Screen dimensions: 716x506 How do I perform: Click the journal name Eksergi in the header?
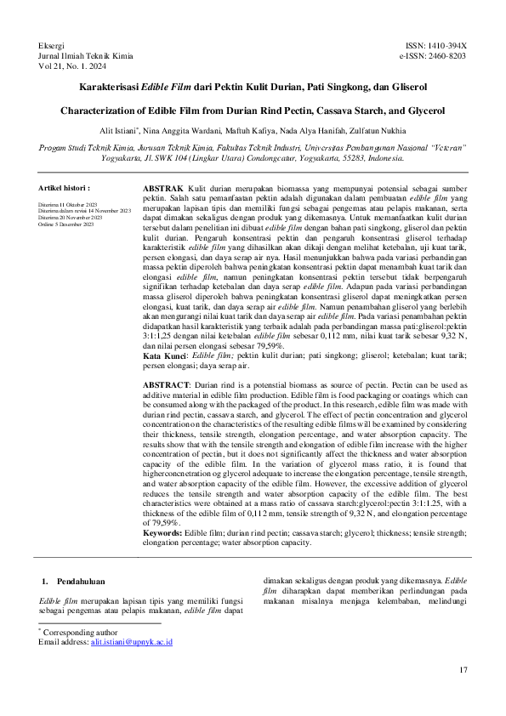(x=53, y=43)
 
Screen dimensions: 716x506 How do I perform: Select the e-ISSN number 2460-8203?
(x=446, y=55)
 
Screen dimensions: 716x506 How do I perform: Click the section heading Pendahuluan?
(x=80, y=581)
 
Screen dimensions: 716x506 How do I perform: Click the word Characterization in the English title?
(x=99, y=111)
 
